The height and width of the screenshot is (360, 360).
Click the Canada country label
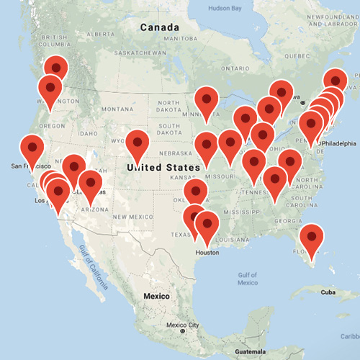[159, 27]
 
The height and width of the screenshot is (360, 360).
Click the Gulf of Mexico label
[246, 279]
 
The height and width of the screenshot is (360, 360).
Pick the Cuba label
[328, 292]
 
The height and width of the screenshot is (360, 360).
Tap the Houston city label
[207, 252]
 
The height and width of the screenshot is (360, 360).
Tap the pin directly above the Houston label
[207, 223]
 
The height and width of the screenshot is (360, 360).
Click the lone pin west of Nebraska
[137, 142]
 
